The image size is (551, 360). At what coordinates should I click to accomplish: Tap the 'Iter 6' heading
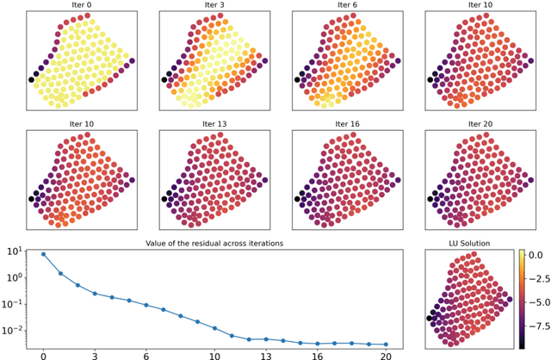pos(347,5)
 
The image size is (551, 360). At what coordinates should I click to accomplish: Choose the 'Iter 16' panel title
pos(347,124)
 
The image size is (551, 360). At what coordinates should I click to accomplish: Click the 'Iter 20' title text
pos(480,124)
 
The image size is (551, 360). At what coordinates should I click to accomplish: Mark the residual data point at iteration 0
pos(43,254)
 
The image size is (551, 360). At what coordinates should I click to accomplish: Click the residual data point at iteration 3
pos(95,294)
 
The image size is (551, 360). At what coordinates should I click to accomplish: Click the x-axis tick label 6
pos(145,354)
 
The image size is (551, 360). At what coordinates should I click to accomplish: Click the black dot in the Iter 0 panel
pos(32,79)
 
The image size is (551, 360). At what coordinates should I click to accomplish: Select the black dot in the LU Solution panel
pos(430,318)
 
